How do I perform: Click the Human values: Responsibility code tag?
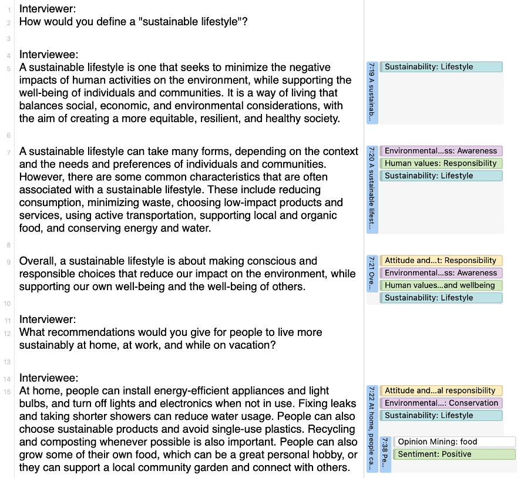[x=441, y=163]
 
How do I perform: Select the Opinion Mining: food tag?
[x=453, y=442]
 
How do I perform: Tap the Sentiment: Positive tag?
[x=453, y=454]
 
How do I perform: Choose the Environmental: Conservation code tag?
[x=441, y=403]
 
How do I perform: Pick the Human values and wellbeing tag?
[x=441, y=285]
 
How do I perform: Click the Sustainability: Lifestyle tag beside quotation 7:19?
[x=441, y=67]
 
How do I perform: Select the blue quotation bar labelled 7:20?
[x=372, y=189]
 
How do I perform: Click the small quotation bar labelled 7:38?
[x=385, y=454]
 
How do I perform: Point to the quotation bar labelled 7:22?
[x=372, y=429]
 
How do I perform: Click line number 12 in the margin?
[x=8, y=333]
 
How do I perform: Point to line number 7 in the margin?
[x=9, y=152]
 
